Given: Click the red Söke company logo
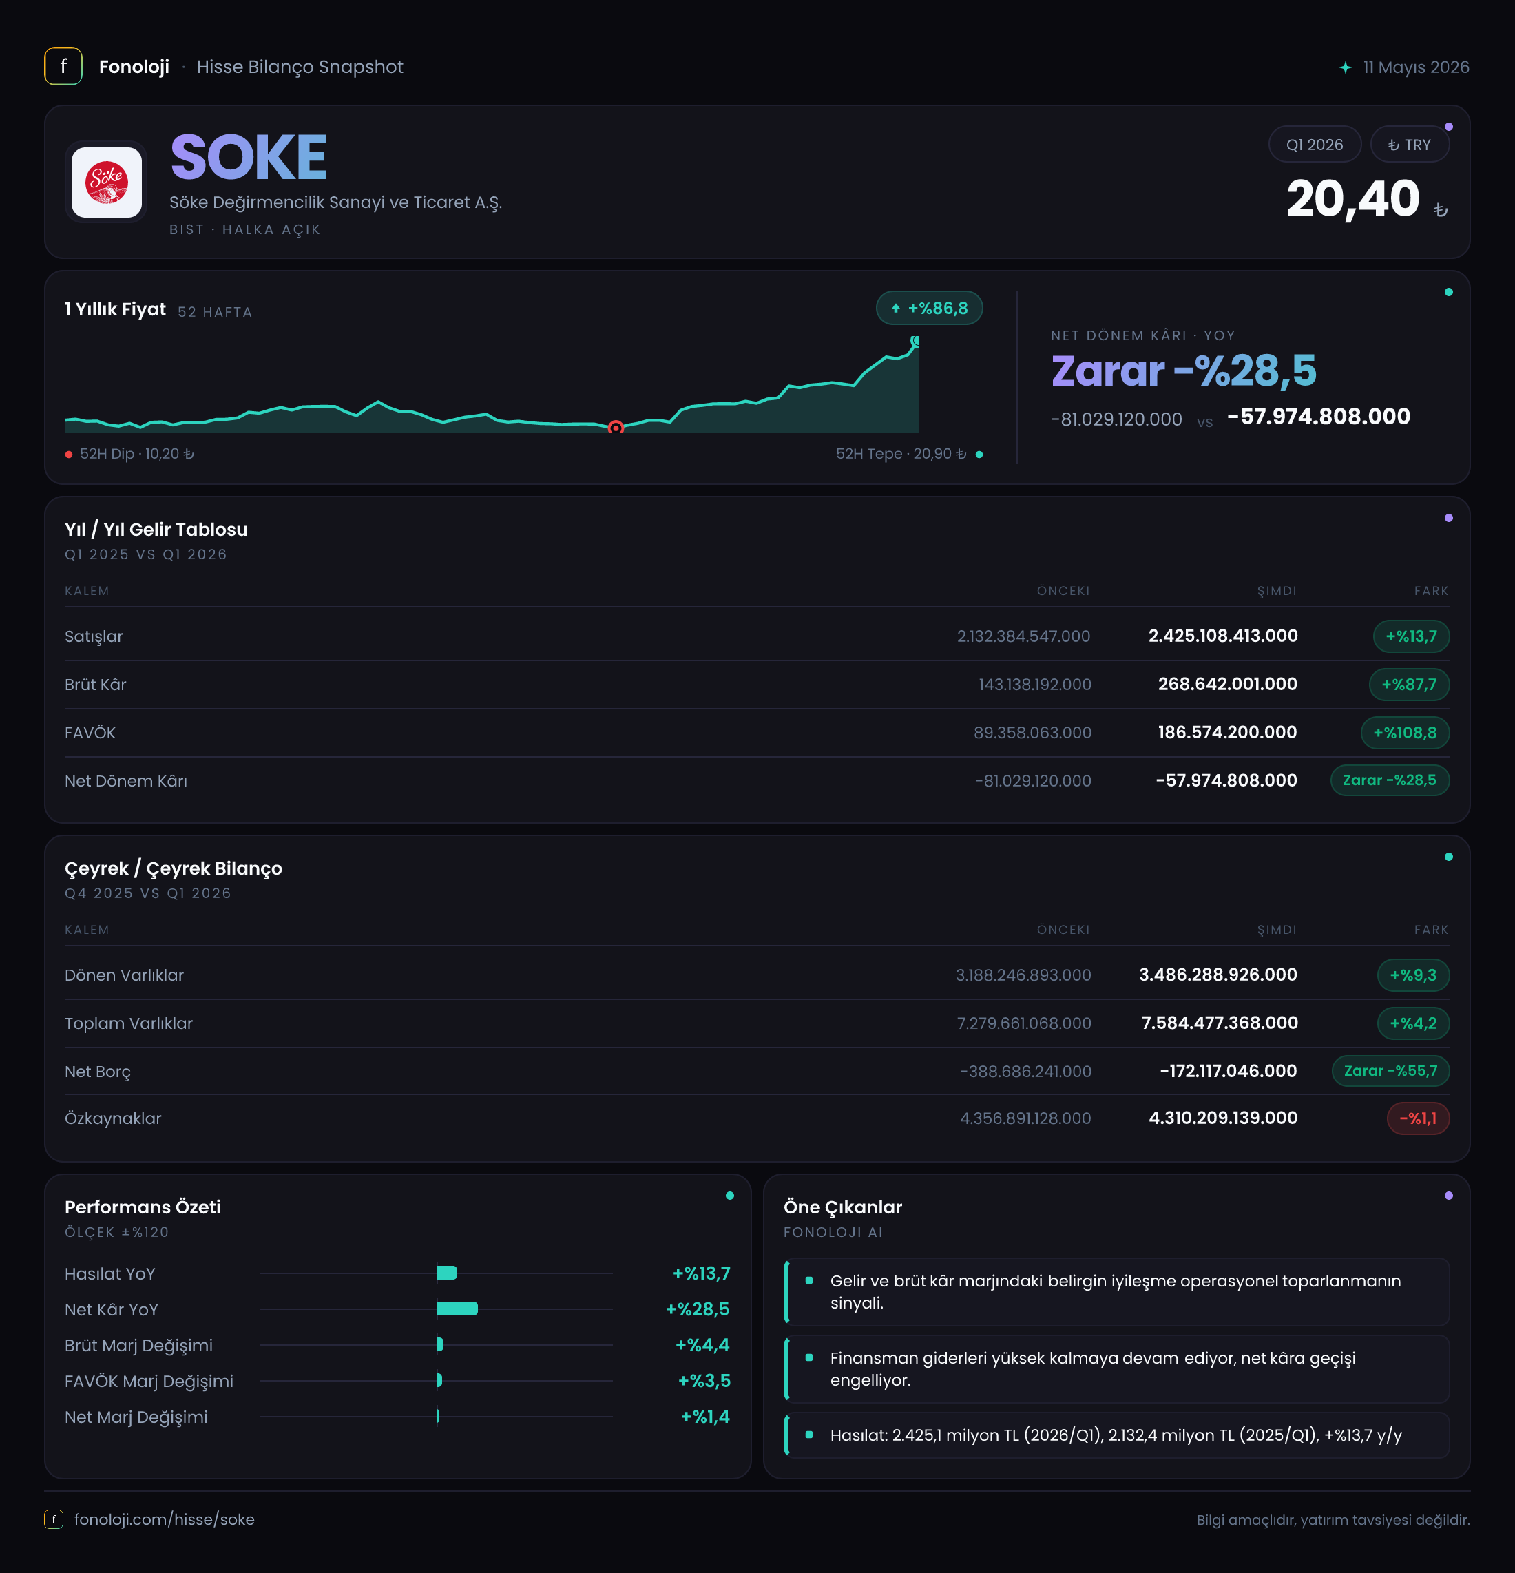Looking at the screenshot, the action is (107, 183).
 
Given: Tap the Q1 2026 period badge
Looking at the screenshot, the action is (1315, 145).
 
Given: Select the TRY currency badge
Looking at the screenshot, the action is (1409, 145).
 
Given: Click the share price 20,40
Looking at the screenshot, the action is (1353, 198).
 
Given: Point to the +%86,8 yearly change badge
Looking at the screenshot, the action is (929, 308).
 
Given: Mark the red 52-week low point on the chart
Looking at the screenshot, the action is (616, 428).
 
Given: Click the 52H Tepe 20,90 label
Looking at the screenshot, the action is (900, 455).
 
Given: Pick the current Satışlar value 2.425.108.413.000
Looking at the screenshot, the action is (1223, 636).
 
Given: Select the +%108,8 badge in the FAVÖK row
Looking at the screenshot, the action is (1405, 733).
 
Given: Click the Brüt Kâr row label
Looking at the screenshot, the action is (96, 685).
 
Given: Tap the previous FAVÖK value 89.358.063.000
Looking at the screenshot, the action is (1032, 733).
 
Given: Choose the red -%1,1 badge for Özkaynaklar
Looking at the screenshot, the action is (1418, 1118).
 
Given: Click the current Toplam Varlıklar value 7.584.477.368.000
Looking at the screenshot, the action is (1220, 1023).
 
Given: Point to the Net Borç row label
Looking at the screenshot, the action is (98, 1072).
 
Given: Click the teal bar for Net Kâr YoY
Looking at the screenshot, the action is (457, 1309).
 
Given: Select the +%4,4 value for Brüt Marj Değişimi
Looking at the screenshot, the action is (702, 1345).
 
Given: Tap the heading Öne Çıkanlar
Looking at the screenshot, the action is (843, 1207).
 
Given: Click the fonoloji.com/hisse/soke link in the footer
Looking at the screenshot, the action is (165, 1519).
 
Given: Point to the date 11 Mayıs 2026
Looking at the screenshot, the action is (1417, 67).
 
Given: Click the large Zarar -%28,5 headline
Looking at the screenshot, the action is (1184, 371).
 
